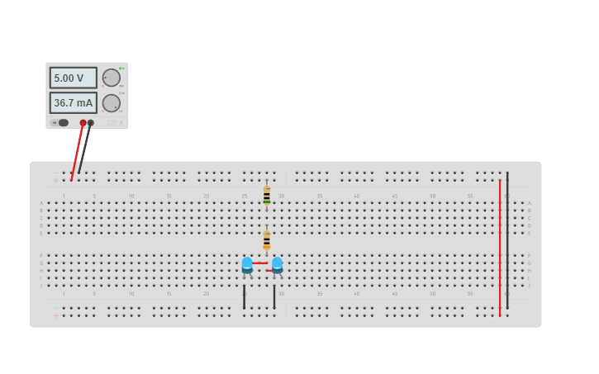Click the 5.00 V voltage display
pos(73,78)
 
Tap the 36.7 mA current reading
pos(73,103)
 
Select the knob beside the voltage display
pos(111,78)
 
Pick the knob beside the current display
pos(111,103)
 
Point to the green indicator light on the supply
pos(121,68)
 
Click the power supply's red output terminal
pos(83,123)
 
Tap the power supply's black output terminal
pos(91,123)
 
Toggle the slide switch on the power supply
pos(62,123)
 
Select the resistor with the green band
pos(267,196)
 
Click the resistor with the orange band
pos(267,240)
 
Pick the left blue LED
pos(247,264)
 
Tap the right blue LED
pos(277,264)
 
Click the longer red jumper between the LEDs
pos(259,263)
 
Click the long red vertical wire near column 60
pos(500,248)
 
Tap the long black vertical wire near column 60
pos(507,239)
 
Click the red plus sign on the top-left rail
pos(56,180)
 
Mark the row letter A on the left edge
pos(41,203)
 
